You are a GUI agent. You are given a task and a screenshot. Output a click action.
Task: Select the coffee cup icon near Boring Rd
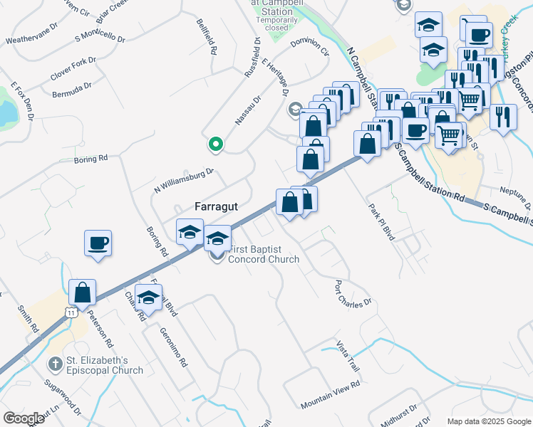(x=98, y=243)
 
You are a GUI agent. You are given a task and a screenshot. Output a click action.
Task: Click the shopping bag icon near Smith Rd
(x=83, y=292)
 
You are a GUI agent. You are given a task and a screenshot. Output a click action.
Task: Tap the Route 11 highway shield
(x=70, y=312)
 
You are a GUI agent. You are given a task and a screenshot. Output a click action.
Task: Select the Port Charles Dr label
(x=353, y=292)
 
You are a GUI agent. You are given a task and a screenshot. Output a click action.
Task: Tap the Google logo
(x=24, y=418)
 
